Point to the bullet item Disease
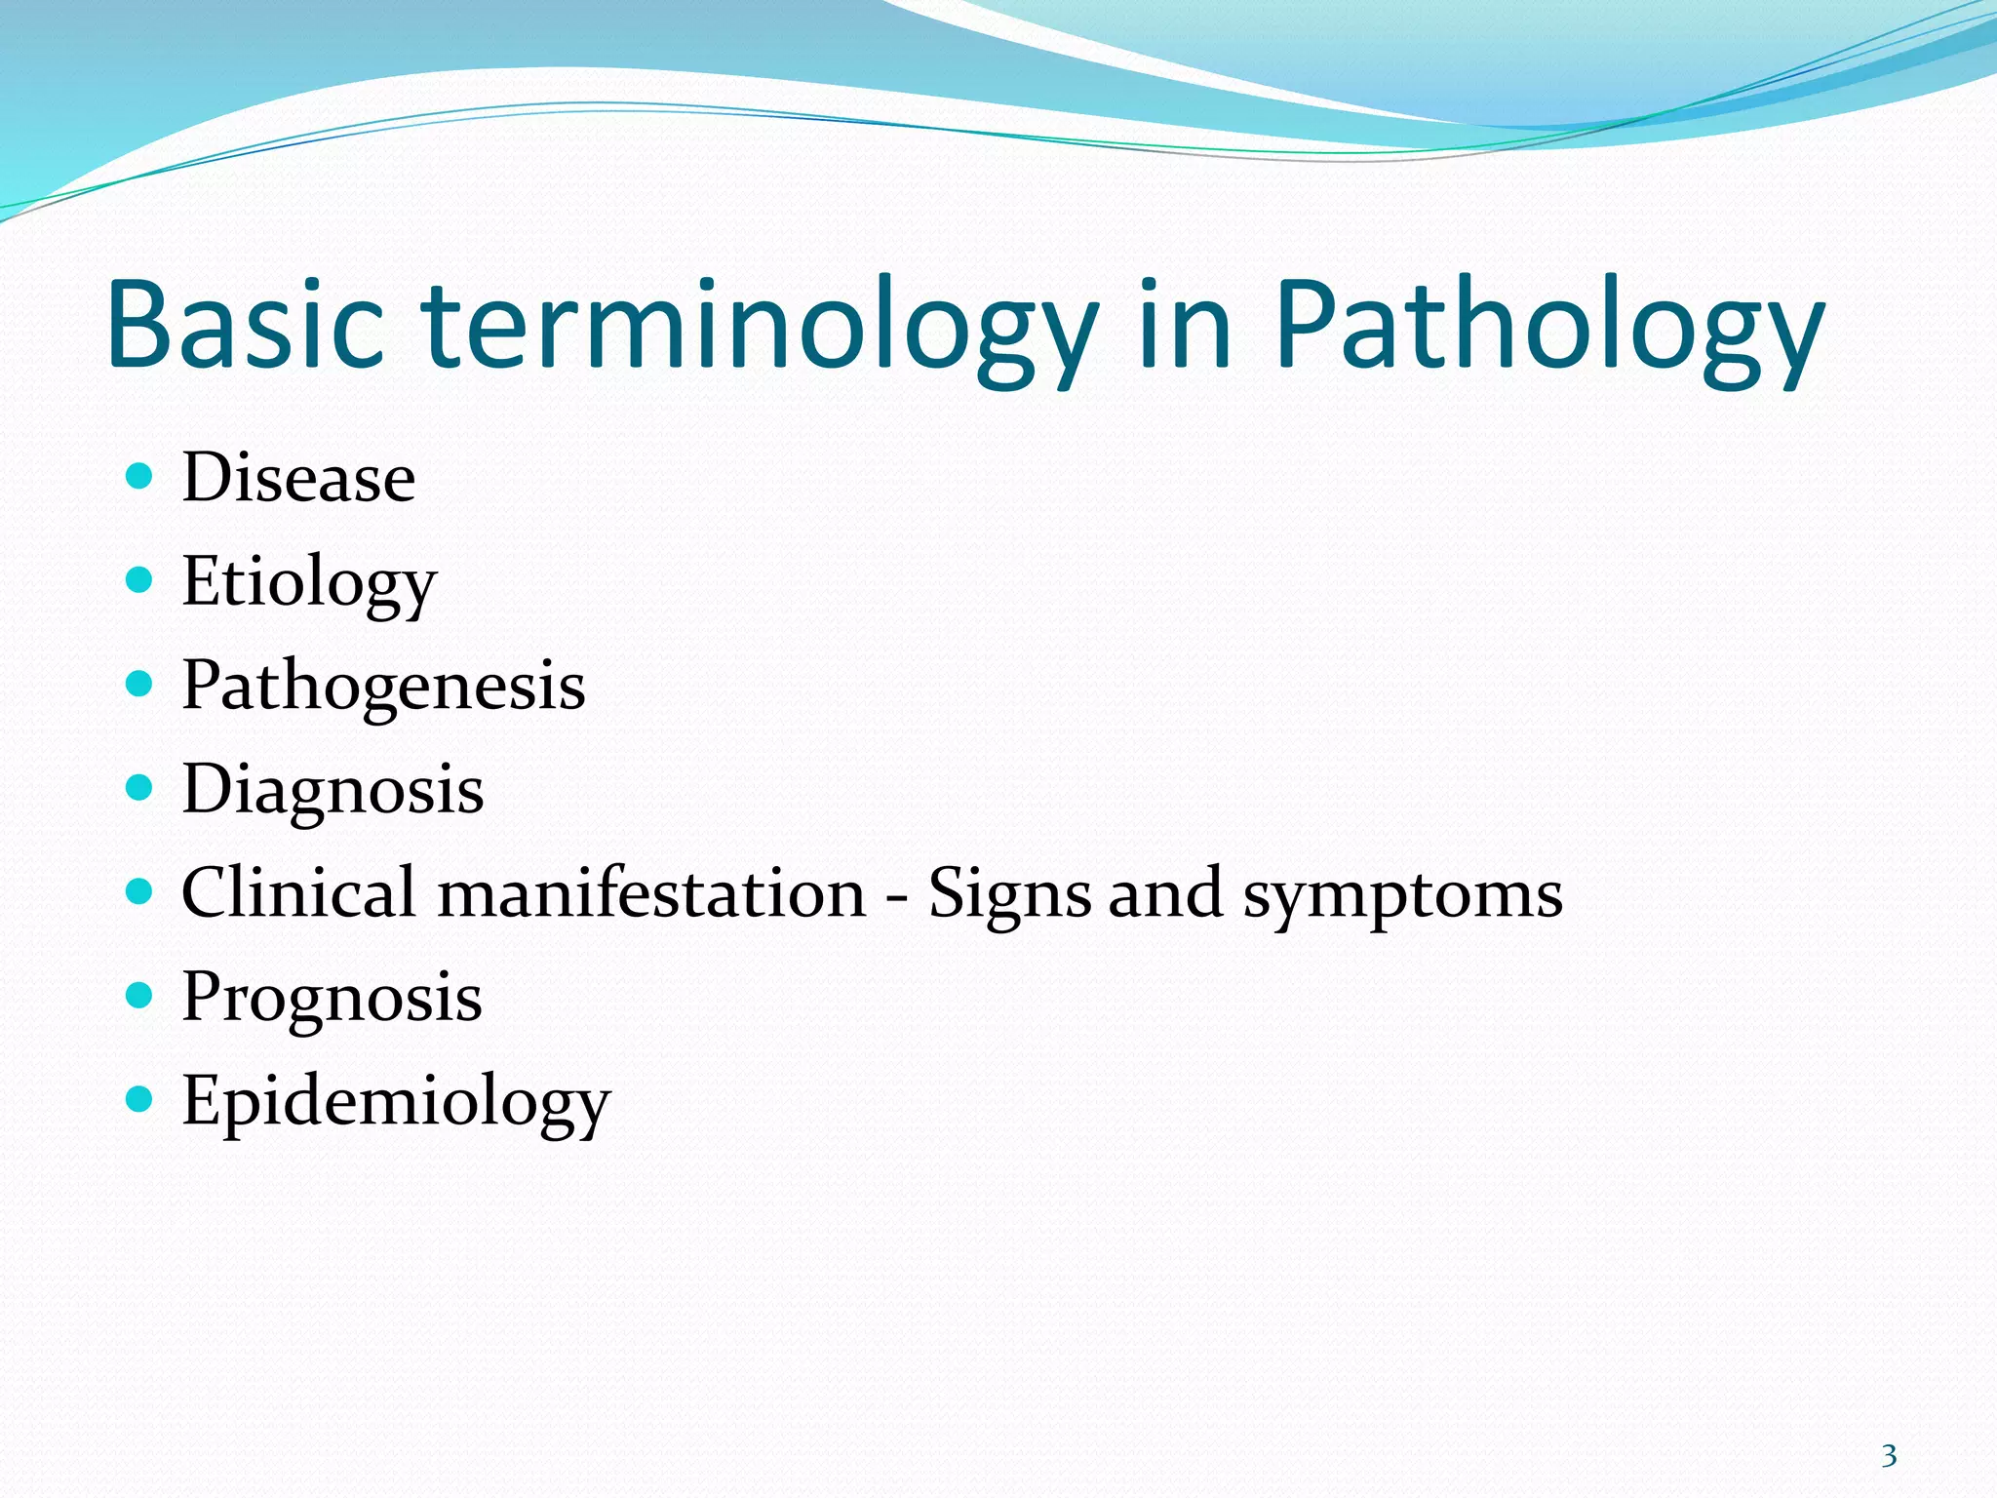click(x=298, y=478)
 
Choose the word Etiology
click(x=309, y=583)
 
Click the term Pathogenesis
click(x=383, y=687)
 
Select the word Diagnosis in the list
click(x=333, y=790)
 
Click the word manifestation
click(x=651, y=892)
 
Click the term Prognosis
click(x=332, y=998)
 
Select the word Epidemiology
click(x=396, y=1102)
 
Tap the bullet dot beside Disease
click(x=140, y=476)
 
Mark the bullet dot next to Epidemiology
click(x=140, y=1099)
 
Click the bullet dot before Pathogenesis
click(x=140, y=684)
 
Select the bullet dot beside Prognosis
click(x=140, y=995)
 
